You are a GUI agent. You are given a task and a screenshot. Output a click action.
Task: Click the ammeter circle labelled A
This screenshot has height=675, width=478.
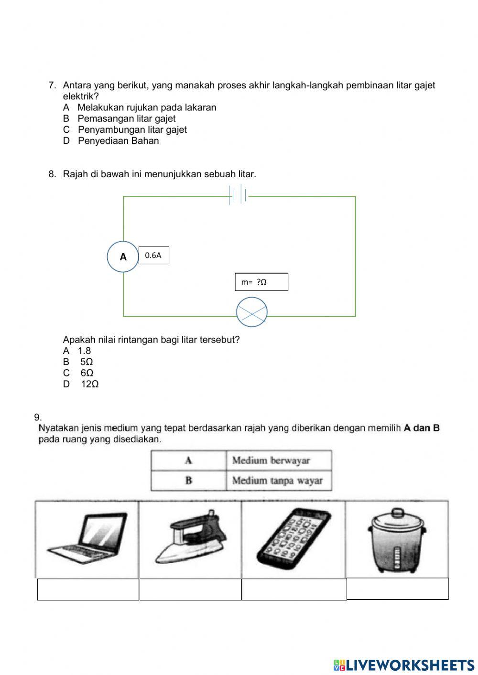(123, 257)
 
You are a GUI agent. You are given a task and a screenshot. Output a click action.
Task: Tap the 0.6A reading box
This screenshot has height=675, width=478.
(153, 256)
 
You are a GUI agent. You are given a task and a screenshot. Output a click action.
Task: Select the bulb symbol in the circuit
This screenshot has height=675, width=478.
(251, 312)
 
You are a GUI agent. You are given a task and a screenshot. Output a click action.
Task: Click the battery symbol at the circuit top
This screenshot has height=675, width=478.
(239, 195)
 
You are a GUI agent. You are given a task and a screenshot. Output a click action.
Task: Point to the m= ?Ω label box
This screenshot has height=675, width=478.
(261, 282)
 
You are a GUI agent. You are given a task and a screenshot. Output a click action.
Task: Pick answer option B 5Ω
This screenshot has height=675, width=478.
(79, 362)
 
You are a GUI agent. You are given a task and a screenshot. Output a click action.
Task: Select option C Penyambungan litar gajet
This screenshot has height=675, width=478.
(125, 129)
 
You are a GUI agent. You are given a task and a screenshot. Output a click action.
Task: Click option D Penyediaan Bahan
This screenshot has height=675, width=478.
(111, 141)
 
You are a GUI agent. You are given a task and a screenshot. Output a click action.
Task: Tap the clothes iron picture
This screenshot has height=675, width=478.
(190, 537)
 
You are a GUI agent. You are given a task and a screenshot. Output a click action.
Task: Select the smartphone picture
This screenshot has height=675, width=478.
(293, 537)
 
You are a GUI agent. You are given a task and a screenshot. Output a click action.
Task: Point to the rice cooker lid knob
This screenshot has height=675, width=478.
(397, 514)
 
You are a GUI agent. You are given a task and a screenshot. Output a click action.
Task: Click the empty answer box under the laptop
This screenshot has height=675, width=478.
(88, 589)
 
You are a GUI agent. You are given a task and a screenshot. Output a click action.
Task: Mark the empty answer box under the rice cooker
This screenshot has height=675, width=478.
(397, 589)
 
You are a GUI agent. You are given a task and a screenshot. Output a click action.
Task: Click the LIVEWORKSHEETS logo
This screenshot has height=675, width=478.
(404, 664)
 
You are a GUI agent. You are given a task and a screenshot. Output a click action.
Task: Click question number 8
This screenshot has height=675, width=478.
(52, 174)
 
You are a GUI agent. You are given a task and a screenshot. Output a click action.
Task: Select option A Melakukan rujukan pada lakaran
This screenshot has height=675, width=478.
(140, 107)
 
